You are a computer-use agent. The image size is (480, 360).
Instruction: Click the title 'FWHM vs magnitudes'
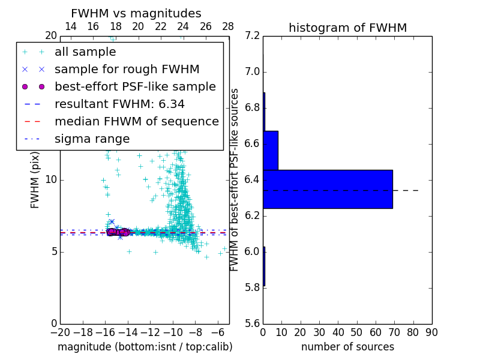pyautogui.click(x=136, y=14)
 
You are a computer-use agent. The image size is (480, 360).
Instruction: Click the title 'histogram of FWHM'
pyautogui.click(x=347, y=28)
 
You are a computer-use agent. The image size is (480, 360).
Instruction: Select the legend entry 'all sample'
pyautogui.click(x=85, y=52)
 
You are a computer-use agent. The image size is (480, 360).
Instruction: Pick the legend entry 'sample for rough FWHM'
pyautogui.click(x=127, y=69)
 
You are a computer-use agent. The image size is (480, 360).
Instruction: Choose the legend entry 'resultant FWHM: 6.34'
pyautogui.click(x=119, y=104)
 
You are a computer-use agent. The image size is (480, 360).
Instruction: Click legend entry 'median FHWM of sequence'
pyautogui.click(x=136, y=121)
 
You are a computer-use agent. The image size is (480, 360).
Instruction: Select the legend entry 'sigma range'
pyautogui.click(x=92, y=139)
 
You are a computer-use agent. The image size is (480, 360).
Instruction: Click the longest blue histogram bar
pyautogui.click(x=328, y=189)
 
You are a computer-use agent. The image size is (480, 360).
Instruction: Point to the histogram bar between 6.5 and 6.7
pyautogui.click(x=270, y=150)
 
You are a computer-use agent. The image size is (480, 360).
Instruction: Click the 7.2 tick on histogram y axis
pyautogui.click(x=253, y=36)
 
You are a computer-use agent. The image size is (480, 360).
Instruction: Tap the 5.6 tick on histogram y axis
pyautogui.click(x=253, y=323)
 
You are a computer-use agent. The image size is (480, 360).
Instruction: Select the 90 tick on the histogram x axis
pyautogui.click(x=432, y=332)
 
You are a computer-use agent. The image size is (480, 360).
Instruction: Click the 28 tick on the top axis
pyautogui.click(x=229, y=26)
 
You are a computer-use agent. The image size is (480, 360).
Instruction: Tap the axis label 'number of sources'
pyautogui.click(x=347, y=347)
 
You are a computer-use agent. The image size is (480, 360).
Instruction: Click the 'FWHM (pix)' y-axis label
pyautogui.click(x=35, y=180)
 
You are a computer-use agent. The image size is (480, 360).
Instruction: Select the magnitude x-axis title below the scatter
pyautogui.click(x=145, y=347)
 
